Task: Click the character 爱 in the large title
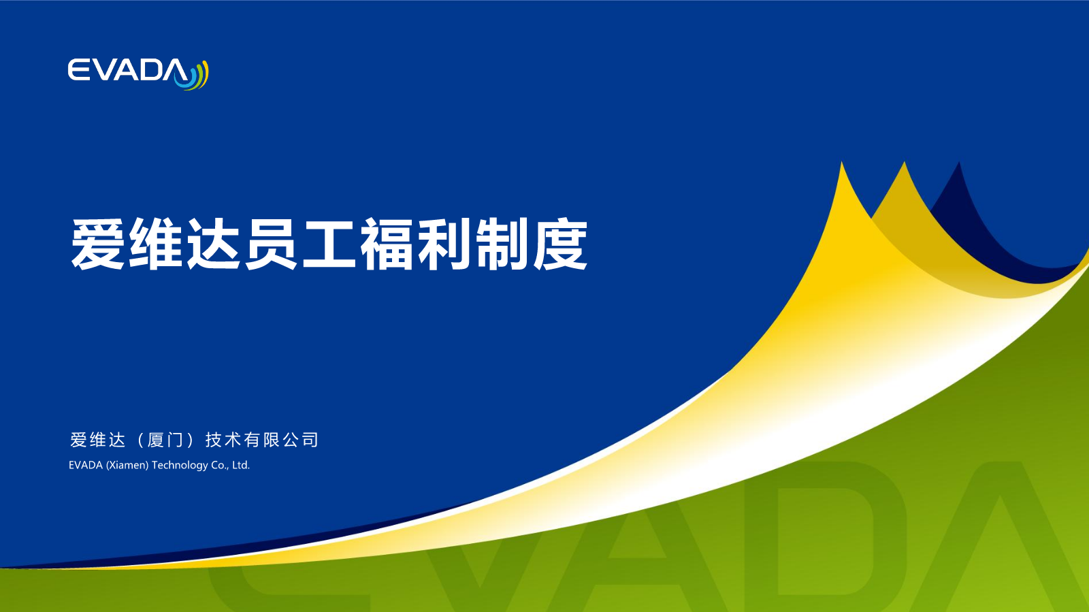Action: click(x=97, y=244)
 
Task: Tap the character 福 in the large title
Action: click(x=387, y=244)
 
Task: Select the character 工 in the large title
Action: click(x=329, y=244)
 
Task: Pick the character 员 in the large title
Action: click(x=271, y=244)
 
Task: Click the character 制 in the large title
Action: click(x=502, y=244)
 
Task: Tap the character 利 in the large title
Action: click(x=444, y=244)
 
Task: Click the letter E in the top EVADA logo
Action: click(x=78, y=70)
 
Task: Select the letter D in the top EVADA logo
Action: click(x=149, y=70)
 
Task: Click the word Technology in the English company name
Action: click(x=180, y=465)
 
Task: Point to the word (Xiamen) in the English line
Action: click(x=127, y=465)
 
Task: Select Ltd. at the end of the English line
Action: click(x=241, y=465)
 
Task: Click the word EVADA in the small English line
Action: click(x=86, y=465)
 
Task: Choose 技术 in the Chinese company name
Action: click(x=223, y=440)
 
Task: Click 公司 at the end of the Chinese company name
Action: click(x=301, y=440)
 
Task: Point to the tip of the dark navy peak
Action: click(x=959, y=162)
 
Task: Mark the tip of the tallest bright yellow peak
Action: click(x=841, y=162)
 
